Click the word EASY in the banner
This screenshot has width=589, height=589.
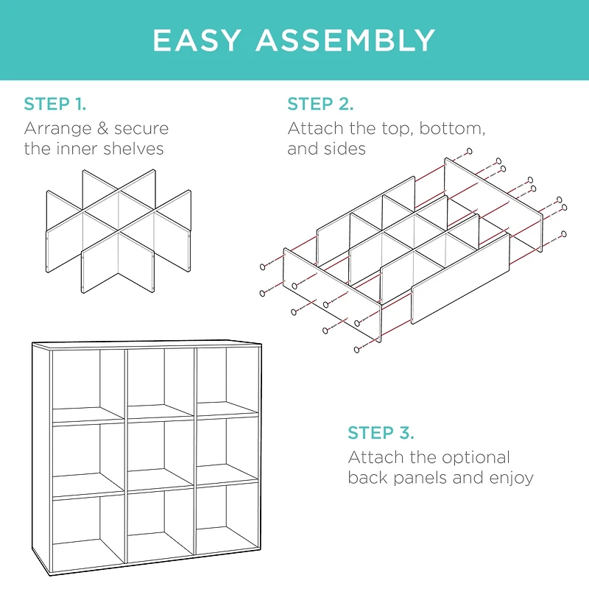(x=197, y=40)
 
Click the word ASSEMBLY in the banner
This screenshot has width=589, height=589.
(x=346, y=40)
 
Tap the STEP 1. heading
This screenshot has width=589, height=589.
(x=54, y=104)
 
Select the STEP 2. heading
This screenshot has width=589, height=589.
(x=320, y=104)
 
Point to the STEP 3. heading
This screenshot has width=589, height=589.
(x=381, y=433)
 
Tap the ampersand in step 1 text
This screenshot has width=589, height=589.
(x=103, y=128)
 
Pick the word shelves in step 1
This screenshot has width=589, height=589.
(x=133, y=149)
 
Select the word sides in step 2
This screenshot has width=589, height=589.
(x=345, y=149)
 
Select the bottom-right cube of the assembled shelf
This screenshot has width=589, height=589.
(x=228, y=518)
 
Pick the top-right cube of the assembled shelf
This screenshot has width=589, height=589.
(x=228, y=382)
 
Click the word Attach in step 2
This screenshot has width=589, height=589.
(x=316, y=129)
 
